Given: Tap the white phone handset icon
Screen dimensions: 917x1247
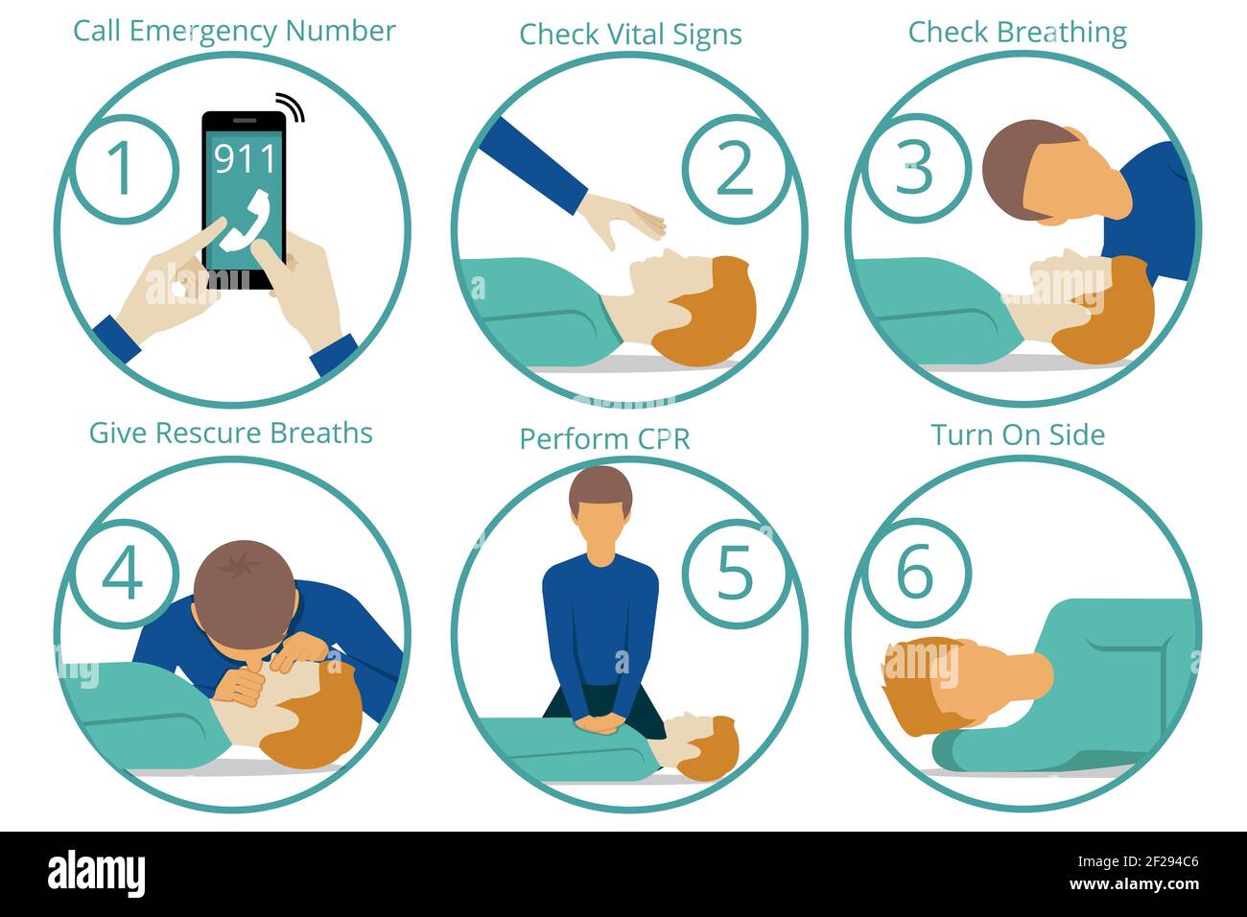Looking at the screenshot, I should click(244, 223).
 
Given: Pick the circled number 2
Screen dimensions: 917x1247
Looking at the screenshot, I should click(735, 169).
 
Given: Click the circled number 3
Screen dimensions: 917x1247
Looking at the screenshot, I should click(913, 169).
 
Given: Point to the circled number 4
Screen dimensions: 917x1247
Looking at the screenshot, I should click(122, 573).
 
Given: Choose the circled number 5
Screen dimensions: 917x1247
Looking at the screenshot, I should click(735, 573).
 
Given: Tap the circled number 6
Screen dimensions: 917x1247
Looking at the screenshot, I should click(913, 573).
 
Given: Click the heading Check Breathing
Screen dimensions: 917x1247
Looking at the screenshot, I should click(1017, 33).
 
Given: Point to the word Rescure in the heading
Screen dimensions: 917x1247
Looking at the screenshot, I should click(209, 433).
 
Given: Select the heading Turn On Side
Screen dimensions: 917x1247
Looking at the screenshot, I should click(1017, 435).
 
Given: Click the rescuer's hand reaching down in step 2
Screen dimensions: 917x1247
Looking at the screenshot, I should click(623, 220).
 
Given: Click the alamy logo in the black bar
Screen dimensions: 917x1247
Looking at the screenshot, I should click(96, 874).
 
